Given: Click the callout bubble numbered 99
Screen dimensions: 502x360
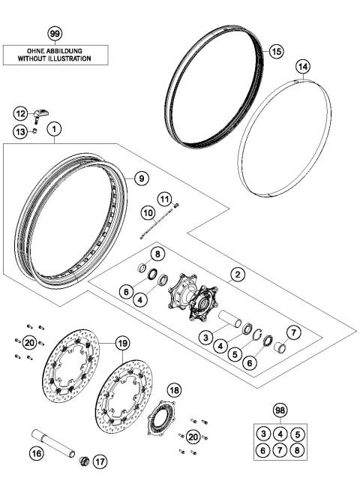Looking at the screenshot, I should point(54,35).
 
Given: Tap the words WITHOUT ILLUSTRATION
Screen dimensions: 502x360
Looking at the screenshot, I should point(54,58).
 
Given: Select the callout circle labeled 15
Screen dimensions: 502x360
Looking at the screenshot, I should point(276,51).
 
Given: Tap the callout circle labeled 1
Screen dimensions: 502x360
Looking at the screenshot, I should point(54,129).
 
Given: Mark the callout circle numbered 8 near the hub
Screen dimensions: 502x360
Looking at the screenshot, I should point(158,255).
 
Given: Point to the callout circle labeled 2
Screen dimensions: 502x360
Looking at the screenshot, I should point(236,275).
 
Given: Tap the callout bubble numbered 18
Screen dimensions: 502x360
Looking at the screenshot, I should point(174,390).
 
